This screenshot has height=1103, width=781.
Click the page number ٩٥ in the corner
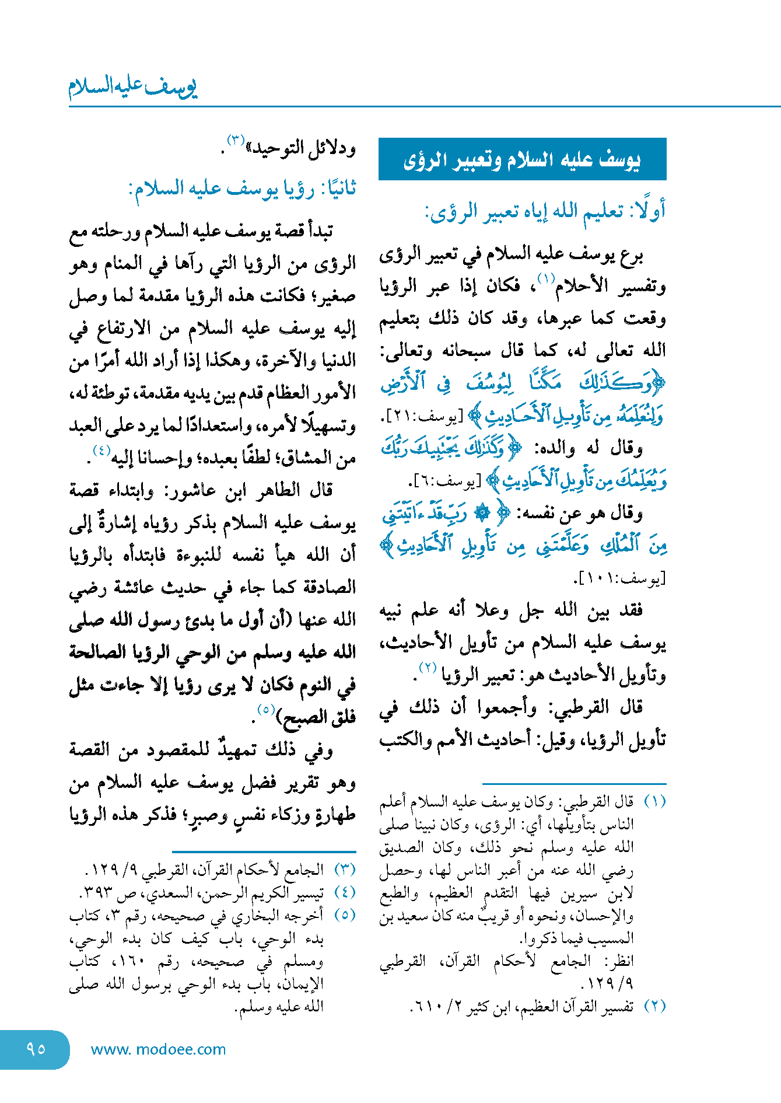coord(36,1049)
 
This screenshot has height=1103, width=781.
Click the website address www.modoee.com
coord(158,1049)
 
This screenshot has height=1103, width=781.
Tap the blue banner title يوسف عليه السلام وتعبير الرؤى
coord(522,160)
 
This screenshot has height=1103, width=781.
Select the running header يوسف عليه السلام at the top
coord(133,88)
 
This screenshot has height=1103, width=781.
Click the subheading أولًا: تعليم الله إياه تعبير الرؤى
coord(545,211)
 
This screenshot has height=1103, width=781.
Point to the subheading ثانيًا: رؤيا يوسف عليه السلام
coord(243,189)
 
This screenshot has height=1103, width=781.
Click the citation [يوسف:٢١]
coord(430,417)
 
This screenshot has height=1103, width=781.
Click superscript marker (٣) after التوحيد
coord(235,140)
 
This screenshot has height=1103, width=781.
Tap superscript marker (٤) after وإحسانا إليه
coord(101,450)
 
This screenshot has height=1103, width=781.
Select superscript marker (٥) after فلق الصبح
coord(265,710)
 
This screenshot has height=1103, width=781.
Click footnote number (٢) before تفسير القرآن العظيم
coord(654,1006)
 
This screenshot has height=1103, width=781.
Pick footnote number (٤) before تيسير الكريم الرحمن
coord(345,892)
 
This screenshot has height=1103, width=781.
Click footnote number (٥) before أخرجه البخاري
coord(345,915)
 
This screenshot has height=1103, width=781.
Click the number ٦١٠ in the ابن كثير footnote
coord(425,1006)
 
